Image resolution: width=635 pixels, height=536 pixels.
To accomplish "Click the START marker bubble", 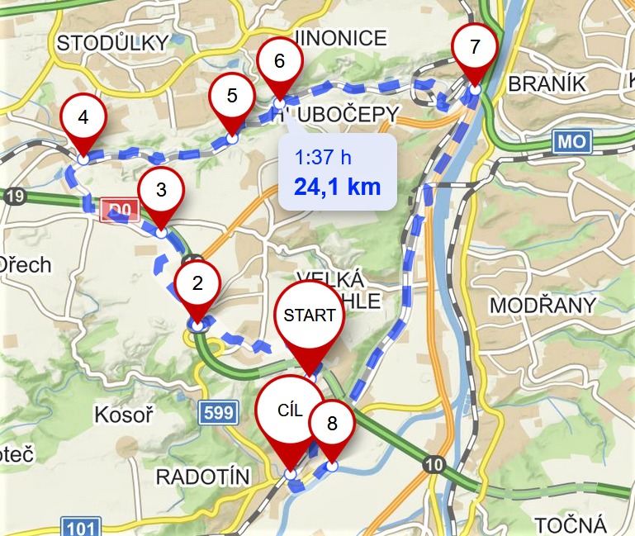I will (x=310, y=315).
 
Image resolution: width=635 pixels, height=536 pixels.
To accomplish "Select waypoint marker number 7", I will (x=474, y=47).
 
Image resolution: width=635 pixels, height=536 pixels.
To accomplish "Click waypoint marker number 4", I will (x=83, y=117).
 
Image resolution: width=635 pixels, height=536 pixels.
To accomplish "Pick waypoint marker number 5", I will (x=232, y=96).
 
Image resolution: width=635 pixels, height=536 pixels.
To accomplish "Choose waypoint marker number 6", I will (x=279, y=61).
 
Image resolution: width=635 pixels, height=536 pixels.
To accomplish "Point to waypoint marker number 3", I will (x=161, y=190).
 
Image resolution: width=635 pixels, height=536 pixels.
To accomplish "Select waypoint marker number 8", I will (x=332, y=425).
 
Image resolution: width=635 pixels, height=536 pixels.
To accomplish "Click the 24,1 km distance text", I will (x=338, y=186).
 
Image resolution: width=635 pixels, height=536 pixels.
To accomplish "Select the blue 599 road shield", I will (x=217, y=413).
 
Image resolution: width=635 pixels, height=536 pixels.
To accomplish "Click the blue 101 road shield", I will (x=81, y=527).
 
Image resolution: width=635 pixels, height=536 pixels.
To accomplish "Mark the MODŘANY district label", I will (x=543, y=306).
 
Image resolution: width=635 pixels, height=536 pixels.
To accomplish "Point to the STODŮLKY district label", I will (x=113, y=42).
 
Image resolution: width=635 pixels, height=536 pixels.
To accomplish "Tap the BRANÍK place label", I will (x=547, y=83).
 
